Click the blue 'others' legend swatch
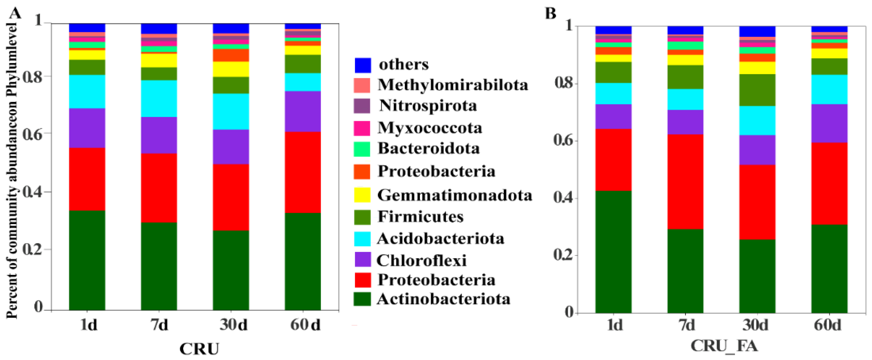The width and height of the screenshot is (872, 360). (362, 65)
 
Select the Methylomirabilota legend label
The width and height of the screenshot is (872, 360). (453, 85)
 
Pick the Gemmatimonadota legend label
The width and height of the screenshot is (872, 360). (455, 195)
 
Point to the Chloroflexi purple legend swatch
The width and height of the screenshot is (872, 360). (362, 260)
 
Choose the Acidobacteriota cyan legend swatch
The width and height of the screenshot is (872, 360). (362, 239)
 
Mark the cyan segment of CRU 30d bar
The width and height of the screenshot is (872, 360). (231, 111)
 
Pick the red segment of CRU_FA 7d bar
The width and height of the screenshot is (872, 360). (685, 181)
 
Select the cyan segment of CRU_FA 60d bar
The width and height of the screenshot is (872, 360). (829, 89)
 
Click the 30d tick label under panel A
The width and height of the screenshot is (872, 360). (233, 325)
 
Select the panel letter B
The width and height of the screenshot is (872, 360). (551, 13)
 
